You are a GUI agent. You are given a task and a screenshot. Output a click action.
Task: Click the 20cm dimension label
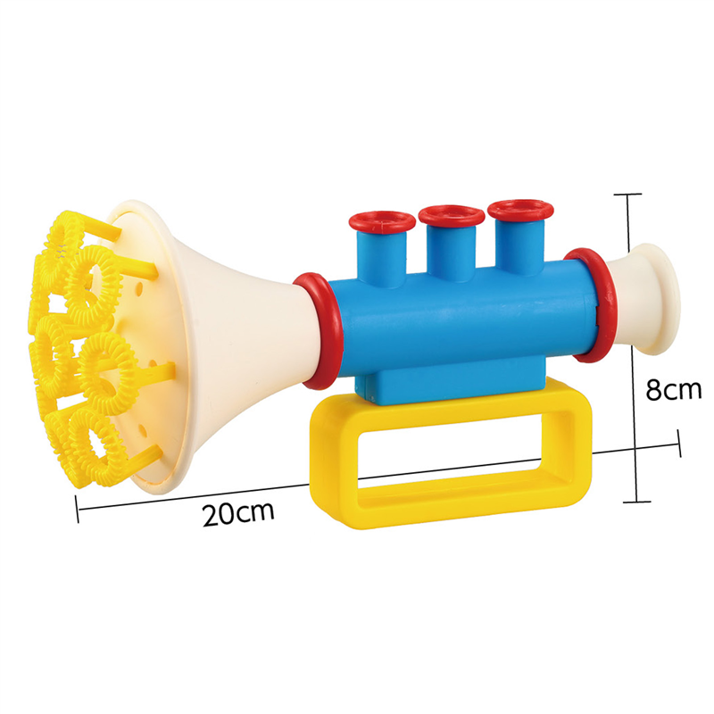238,513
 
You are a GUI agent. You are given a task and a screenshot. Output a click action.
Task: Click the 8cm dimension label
674,390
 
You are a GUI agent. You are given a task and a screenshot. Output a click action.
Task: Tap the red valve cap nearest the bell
382,222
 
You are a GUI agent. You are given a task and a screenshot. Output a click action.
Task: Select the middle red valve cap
452,215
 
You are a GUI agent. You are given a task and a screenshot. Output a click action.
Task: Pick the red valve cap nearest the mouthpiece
520,210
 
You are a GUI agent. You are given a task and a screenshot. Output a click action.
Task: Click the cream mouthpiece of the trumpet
646,298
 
